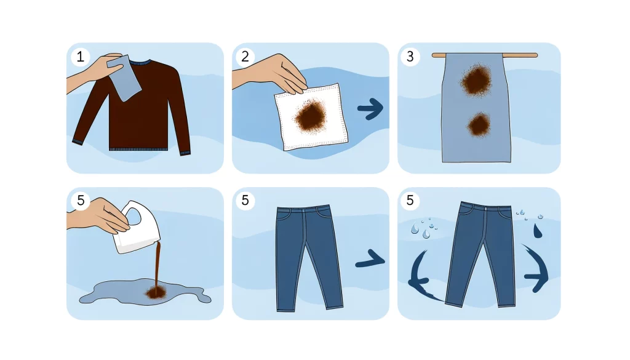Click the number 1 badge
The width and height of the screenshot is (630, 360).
78,57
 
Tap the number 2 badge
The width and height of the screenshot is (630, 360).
244,57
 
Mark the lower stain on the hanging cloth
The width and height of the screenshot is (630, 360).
477,126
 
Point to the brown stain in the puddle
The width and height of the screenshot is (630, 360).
154,293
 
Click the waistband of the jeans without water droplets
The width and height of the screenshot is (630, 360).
303,210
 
